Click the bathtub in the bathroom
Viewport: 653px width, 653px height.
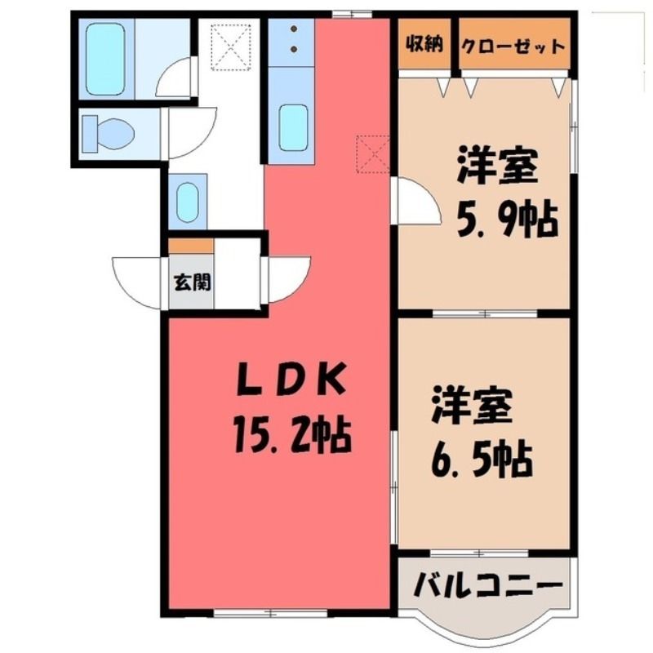tap(105, 59)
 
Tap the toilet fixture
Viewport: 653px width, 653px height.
tap(109, 134)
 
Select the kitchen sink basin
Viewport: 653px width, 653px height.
tap(294, 127)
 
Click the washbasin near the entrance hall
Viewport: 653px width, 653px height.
tap(188, 202)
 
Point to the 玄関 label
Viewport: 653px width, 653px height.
tap(192, 282)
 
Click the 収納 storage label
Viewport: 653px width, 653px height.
tap(424, 44)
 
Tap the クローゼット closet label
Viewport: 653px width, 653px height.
tap(514, 45)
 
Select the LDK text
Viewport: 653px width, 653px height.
tap(291, 379)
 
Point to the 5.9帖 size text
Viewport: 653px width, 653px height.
tap(507, 219)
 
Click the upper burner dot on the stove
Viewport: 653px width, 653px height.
tap(294, 29)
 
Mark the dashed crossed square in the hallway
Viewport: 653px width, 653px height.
tap(231, 47)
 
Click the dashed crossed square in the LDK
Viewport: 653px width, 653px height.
tap(374, 154)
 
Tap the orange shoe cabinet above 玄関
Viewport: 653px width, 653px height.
tap(191, 246)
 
